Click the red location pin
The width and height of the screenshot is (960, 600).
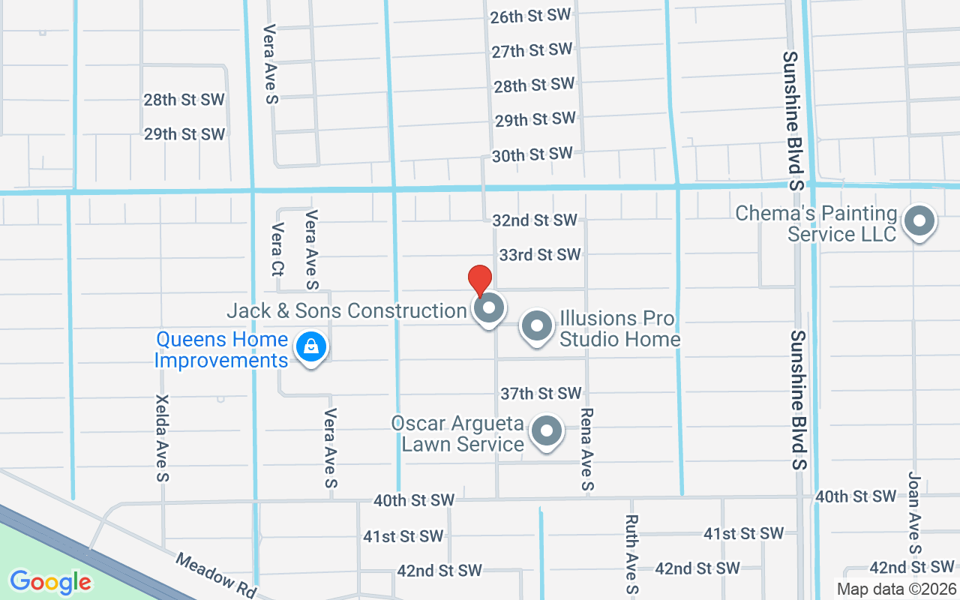click(x=480, y=281)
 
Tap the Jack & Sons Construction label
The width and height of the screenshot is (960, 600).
click(x=346, y=310)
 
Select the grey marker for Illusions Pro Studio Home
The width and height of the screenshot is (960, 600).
click(x=537, y=327)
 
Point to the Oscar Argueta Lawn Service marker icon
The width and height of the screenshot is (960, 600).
click(x=547, y=431)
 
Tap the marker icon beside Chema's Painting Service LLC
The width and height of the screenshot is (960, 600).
click(x=919, y=222)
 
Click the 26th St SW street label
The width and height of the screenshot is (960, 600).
click(x=531, y=16)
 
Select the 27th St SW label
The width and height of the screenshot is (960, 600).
click(x=532, y=50)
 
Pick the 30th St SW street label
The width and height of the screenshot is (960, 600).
click(x=532, y=154)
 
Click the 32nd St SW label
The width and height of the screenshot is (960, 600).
click(x=535, y=220)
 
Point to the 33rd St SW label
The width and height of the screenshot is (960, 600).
click(x=540, y=255)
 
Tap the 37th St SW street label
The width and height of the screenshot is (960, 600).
click(x=541, y=393)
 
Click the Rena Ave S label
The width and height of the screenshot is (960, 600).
click(x=587, y=449)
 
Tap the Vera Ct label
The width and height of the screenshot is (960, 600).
click(x=277, y=248)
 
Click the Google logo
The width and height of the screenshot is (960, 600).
click(x=50, y=581)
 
